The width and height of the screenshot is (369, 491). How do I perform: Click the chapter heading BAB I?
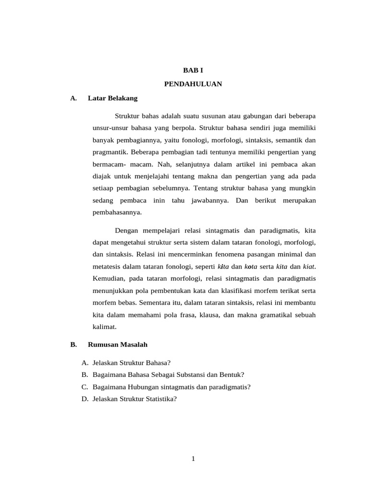coord(193,70)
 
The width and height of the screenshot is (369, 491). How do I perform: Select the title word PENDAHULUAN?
coord(193,84)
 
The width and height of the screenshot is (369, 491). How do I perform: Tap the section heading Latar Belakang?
coord(113,98)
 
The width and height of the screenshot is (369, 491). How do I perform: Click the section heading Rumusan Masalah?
coord(118,344)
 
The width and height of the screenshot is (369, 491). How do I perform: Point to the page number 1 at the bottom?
coord(193,459)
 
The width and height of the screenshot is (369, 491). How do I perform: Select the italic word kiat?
coord(308,266)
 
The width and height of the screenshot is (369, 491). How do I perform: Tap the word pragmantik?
coord(109,152)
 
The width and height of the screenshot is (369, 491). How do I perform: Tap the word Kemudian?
coord(109,279)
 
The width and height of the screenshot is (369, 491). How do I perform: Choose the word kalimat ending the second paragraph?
coord(104,327)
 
